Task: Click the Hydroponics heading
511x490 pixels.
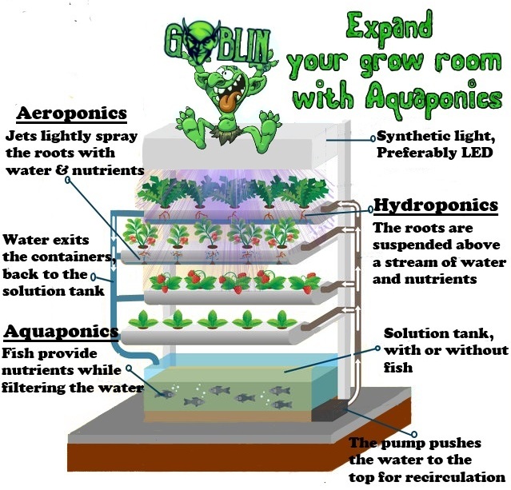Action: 436,206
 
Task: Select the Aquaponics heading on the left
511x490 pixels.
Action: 62,331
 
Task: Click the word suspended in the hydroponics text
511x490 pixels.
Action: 409,245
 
